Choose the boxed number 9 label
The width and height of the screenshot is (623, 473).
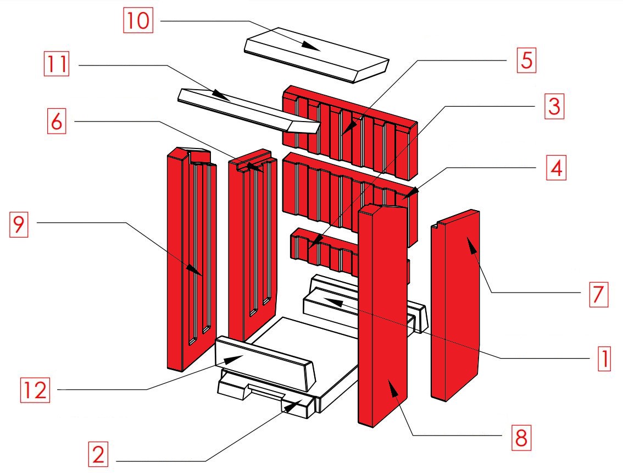point(19,224)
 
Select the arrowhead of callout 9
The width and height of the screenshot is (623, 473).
point(197,272)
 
